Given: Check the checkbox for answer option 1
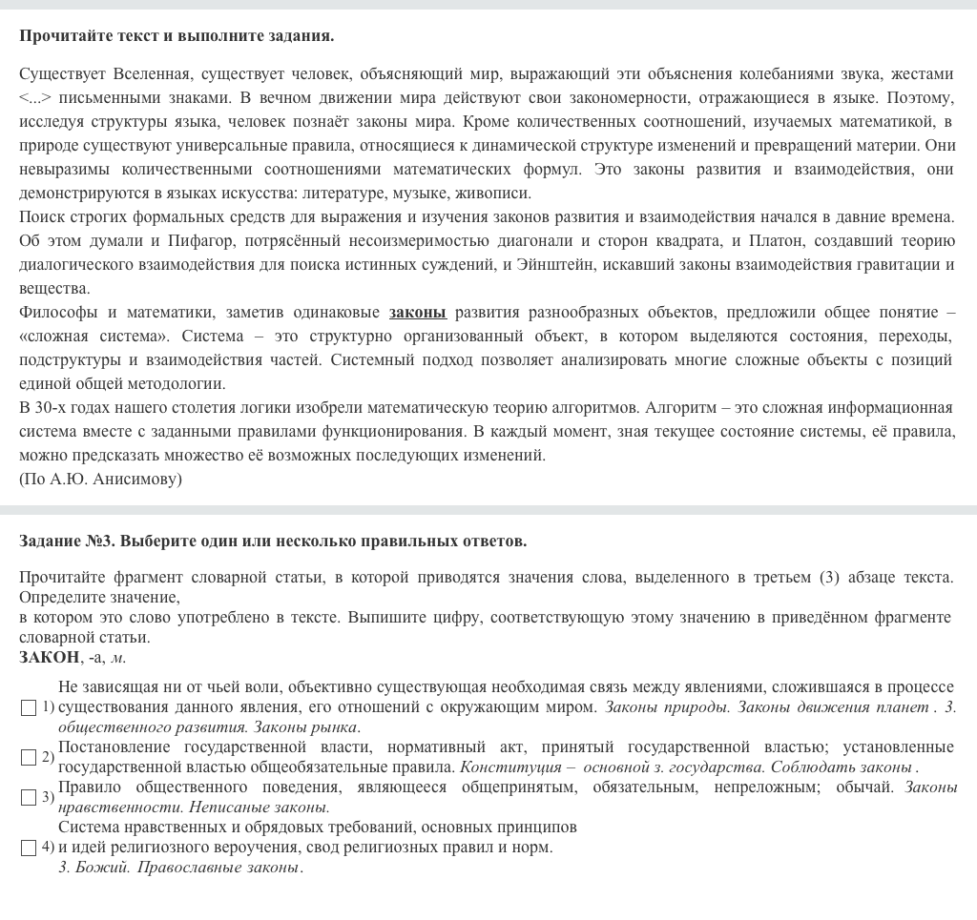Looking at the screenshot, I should pyautogui.click(x=29, y=708).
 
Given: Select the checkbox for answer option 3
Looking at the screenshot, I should pyautogui.click(x=29, y=798).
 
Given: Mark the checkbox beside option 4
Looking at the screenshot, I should pyautogui.click(x=29, y=848).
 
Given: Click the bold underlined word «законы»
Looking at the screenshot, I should pyautogui.click(x=417, y=313).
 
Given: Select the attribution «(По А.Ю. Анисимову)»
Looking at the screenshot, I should pyautogui.click(x=100, y=480).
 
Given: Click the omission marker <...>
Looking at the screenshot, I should pyautogui.click(x=34, y=98).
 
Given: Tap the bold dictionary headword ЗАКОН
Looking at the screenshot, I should pyautogui.click(x=49, y=658).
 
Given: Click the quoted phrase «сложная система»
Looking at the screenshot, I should pyautogui.click(x=94, y=337).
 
